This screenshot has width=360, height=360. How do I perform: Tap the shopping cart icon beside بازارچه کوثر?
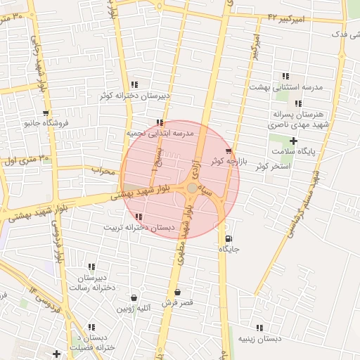tap(229, 151)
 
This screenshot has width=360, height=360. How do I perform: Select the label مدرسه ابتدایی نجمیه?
tap(160, 133)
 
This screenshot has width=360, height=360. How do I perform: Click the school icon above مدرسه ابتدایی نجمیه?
tap(160, 123)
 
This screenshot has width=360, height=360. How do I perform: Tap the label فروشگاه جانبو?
tap(46, 123)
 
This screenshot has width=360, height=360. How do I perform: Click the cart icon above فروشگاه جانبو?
tap(46, 113)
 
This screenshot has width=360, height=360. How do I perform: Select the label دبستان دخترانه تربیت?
tap(138, 227)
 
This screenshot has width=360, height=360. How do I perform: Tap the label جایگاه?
tap(230, 249)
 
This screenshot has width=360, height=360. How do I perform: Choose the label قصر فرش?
tap(176, 302)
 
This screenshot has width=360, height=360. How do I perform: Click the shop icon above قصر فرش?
tap(176, 292)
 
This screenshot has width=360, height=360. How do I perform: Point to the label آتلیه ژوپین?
tap(134, 308)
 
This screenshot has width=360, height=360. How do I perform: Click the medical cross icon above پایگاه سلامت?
tap(293, 141)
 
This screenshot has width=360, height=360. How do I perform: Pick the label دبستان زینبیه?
tap(259, 338)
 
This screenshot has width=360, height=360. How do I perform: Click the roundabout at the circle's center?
tap(192, 188)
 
